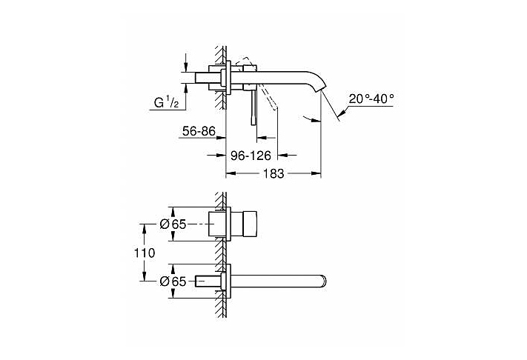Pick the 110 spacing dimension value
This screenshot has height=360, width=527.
tap(145, 253)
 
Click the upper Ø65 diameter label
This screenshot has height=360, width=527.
tap(173, 224)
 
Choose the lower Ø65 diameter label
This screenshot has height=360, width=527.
tap(173, 281)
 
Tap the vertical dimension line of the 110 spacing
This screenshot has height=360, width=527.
tap(139, 253)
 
